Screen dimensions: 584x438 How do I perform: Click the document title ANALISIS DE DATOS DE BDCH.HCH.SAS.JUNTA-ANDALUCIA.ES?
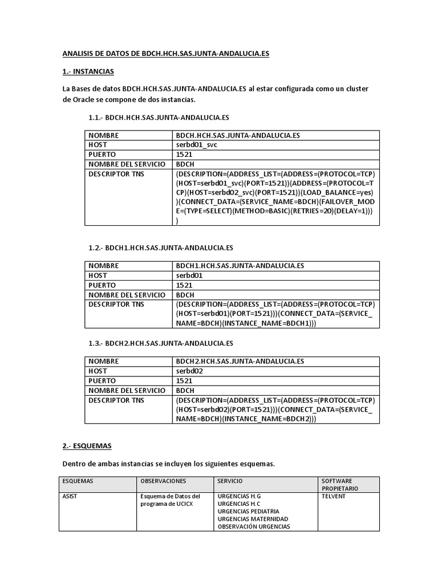pos(165,54)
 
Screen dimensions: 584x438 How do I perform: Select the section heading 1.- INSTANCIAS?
pos(88,71)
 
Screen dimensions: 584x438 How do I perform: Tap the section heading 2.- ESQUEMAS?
pos(86,447)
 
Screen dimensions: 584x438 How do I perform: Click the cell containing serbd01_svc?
pos(197,145)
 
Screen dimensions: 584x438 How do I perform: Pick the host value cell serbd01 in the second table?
pos(190,275)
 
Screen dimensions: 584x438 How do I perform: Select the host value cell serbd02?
pos(190,371)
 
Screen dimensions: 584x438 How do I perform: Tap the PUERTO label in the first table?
pos(102,155)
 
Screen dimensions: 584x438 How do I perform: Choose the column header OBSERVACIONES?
pos(162,481)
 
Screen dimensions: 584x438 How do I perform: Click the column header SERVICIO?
pos(230,481)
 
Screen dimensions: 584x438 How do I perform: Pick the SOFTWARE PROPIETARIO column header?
pos(340,485)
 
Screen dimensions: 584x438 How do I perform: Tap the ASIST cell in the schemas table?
pos(70,496)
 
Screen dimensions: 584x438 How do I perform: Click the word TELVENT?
pos(334,496)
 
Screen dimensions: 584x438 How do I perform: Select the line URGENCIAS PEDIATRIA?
pos(249,512)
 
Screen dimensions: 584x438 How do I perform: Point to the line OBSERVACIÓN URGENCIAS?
pos(254,526)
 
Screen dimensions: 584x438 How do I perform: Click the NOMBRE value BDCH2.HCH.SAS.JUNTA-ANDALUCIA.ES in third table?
pos(240,361)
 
